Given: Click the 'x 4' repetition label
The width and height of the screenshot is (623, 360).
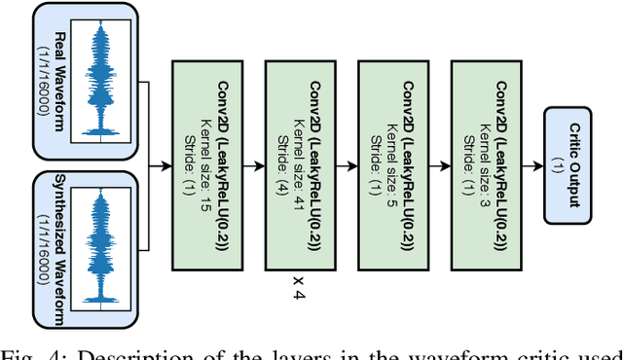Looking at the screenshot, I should pos(300,289).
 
